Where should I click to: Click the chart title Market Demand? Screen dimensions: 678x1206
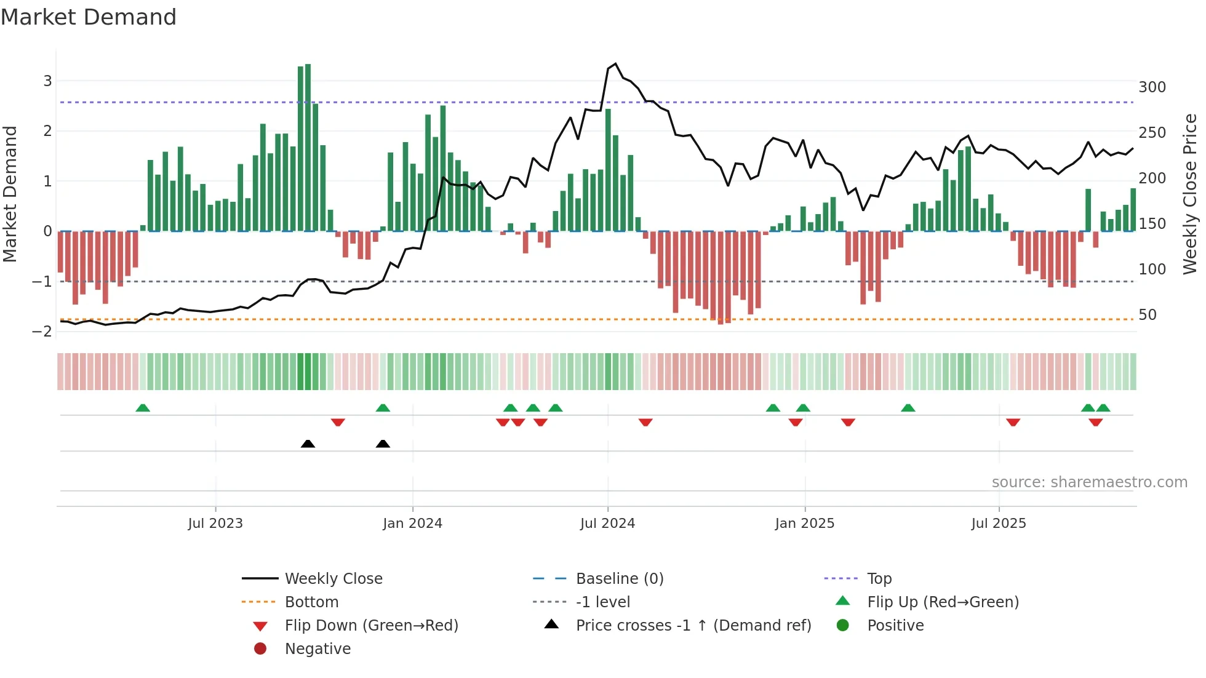89,17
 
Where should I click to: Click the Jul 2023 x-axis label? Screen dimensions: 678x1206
215,524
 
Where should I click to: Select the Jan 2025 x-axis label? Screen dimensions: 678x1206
804,524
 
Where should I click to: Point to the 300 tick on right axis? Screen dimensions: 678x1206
1152,87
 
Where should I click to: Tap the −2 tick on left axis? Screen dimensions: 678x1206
42,332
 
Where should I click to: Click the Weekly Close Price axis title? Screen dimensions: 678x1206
1190,194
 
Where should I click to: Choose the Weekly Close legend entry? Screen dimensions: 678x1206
333,579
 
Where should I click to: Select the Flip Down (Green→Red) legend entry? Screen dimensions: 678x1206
371,626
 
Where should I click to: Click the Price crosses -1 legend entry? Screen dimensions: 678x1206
693,626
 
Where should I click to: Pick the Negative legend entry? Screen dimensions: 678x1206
317,649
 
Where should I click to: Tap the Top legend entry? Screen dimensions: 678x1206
879,579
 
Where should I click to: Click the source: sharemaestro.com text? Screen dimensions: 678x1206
1089,482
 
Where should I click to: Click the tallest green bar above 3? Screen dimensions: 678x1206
308,148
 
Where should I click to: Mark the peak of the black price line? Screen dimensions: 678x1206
615,63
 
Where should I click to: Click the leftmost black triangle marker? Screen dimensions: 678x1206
308,444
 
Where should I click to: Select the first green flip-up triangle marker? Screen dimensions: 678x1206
143,408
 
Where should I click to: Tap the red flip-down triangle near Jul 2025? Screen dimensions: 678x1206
1013,422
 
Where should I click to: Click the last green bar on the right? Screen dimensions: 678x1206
1133,209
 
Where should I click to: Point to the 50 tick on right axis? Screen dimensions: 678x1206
1147,315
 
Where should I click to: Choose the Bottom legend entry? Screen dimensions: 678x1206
311,602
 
